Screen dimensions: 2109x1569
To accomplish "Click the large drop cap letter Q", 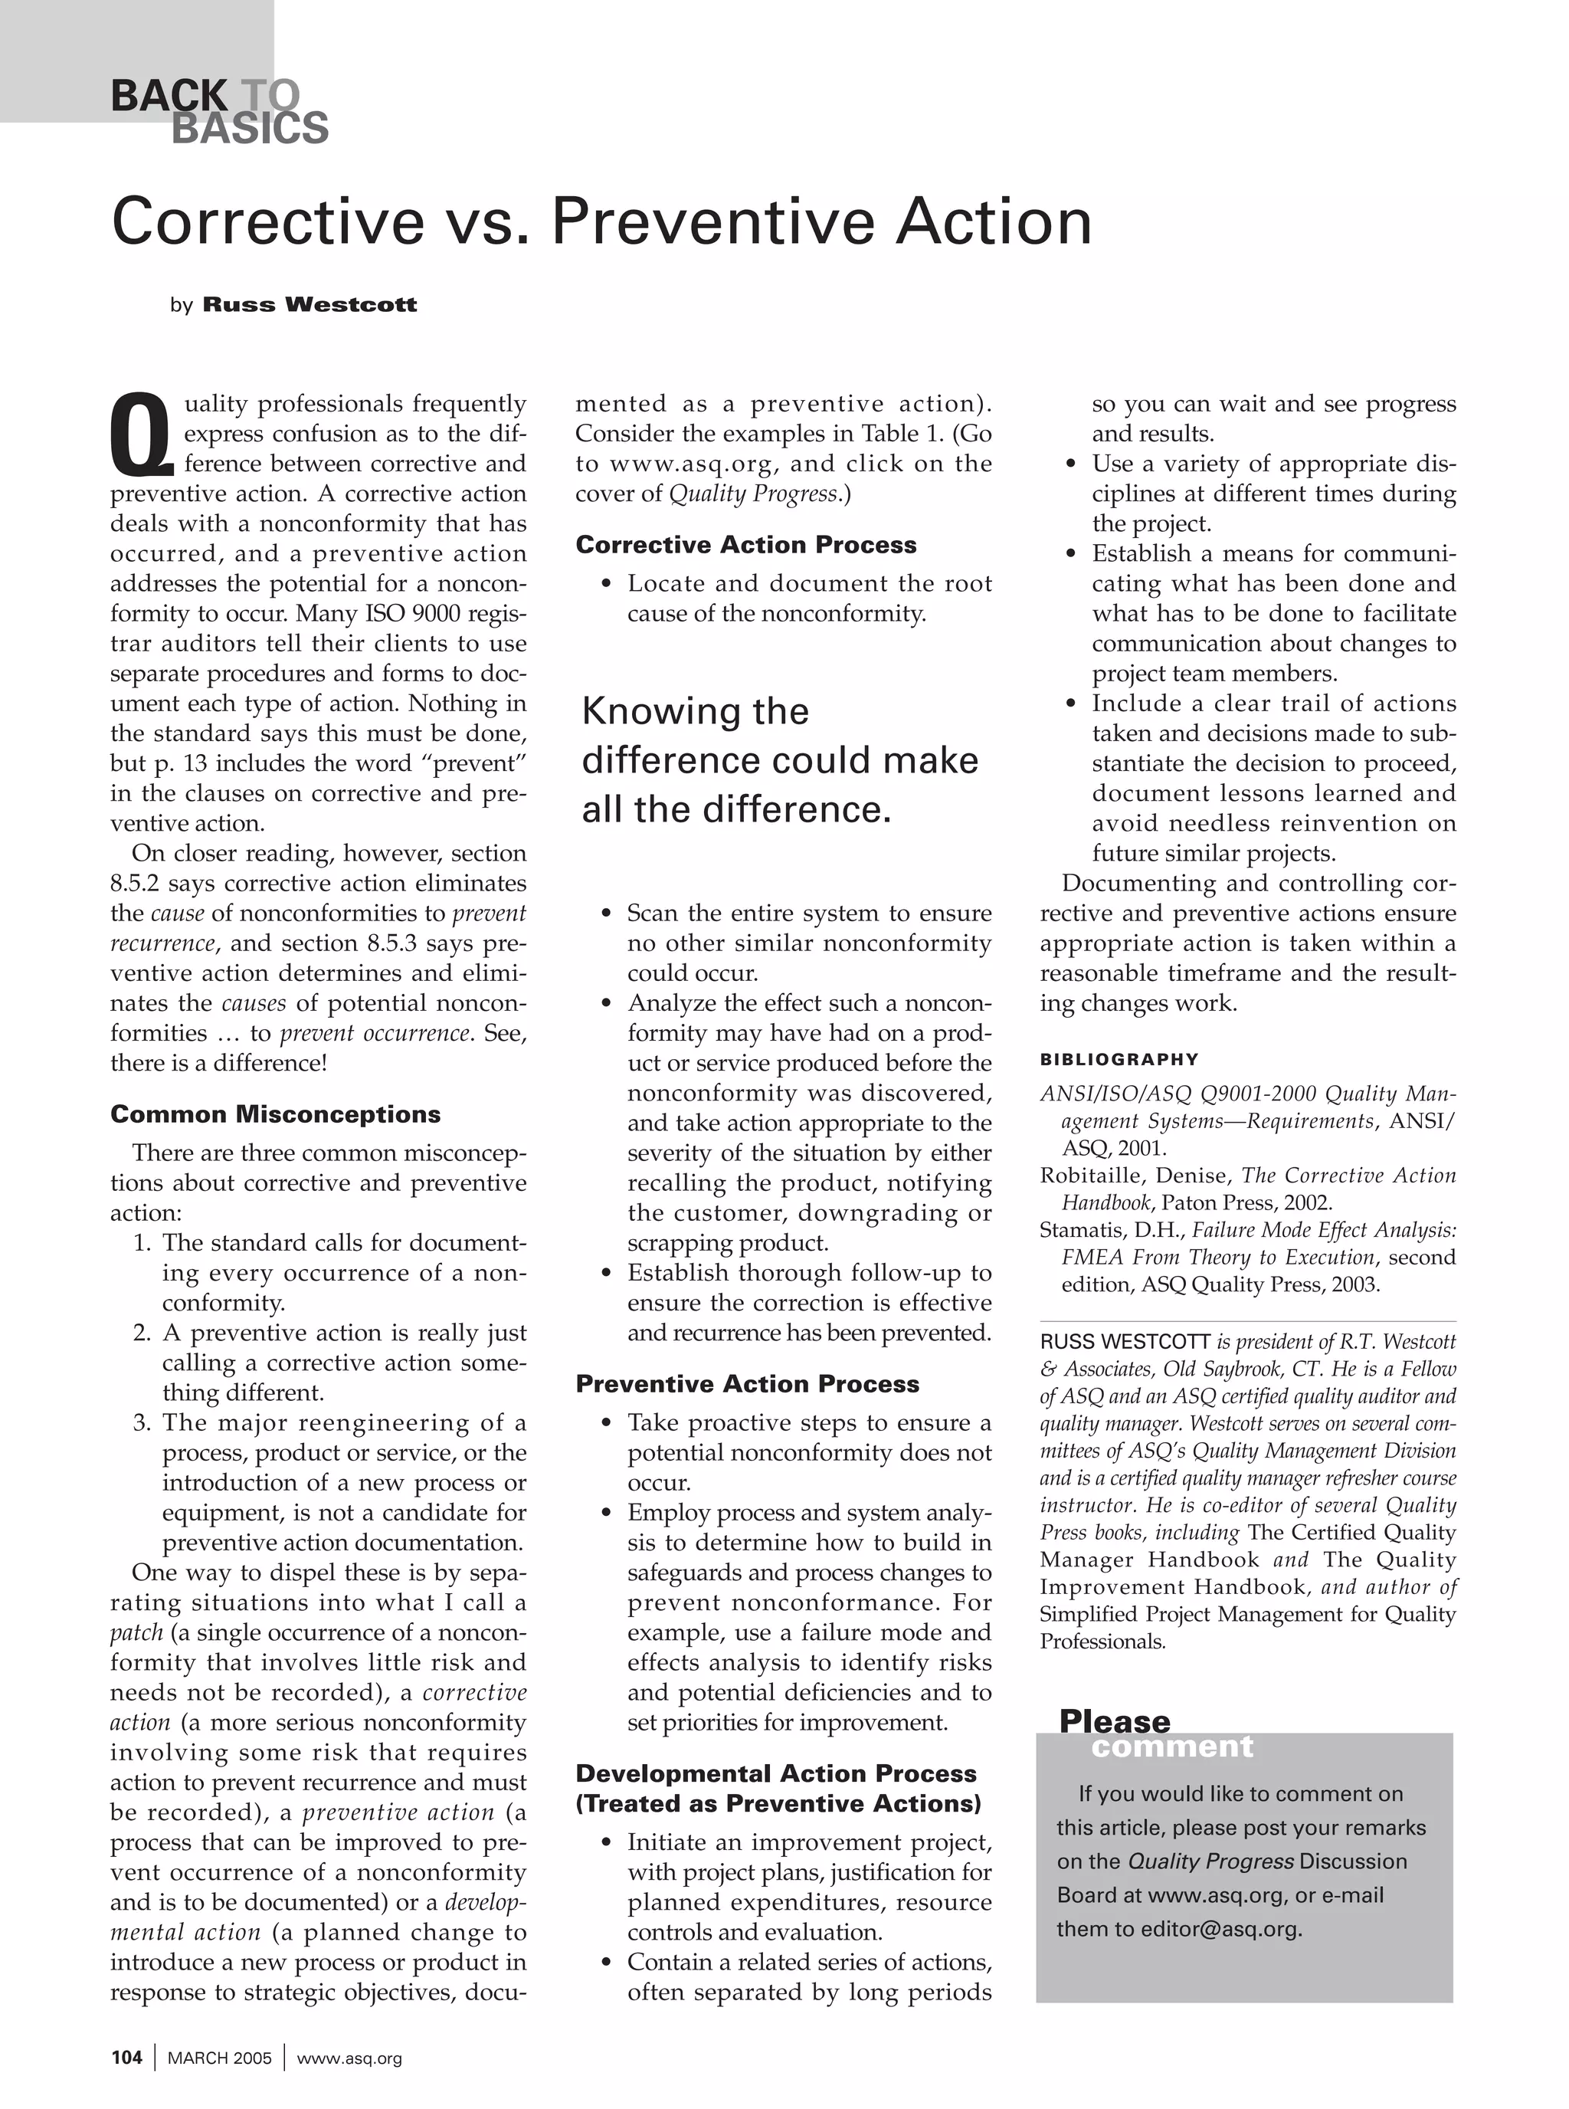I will (x=142, y=435).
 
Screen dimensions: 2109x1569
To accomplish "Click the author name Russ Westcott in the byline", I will (x=310, y=305).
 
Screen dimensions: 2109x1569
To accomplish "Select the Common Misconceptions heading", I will (x=276, y=1114).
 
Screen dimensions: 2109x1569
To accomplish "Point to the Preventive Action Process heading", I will (x=746, y=1383).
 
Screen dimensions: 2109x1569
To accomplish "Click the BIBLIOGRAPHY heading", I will (x=1119, y=1059).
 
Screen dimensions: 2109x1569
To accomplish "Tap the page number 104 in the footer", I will (x=126, y=2058).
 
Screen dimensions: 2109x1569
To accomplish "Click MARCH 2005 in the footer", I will (x=219, y=2058).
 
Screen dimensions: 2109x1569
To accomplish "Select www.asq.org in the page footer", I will (x=349, y=2058).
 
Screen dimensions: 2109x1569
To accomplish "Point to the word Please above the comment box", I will (x=1114, y=1720).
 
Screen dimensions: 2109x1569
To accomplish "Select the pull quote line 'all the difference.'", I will (x=736, y=809).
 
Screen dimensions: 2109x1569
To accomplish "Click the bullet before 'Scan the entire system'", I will (x=606, y=914).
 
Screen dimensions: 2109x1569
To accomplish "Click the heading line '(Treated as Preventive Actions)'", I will (x=778, y=1803).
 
